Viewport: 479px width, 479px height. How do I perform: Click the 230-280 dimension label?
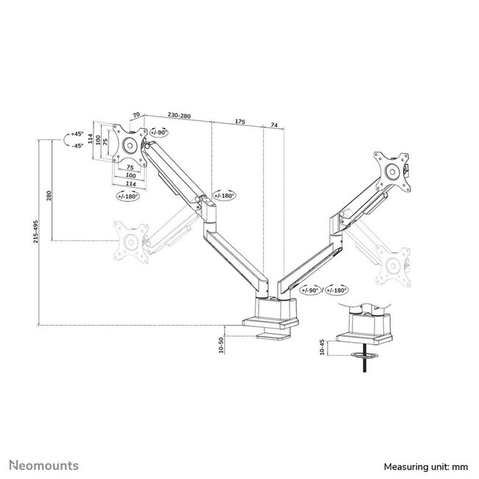[x=179, y=116]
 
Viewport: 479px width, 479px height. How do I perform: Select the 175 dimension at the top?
[x=240, y=116]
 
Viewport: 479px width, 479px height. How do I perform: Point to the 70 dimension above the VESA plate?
[x=136, y=116]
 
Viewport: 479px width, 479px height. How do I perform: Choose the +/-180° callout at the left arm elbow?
[x=224, y=195]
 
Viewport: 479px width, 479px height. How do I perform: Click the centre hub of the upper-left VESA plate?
[x=132, y=144]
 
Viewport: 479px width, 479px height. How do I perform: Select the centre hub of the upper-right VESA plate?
[x=391, y=166]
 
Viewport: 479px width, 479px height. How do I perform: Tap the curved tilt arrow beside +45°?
[x=65, y=141]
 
